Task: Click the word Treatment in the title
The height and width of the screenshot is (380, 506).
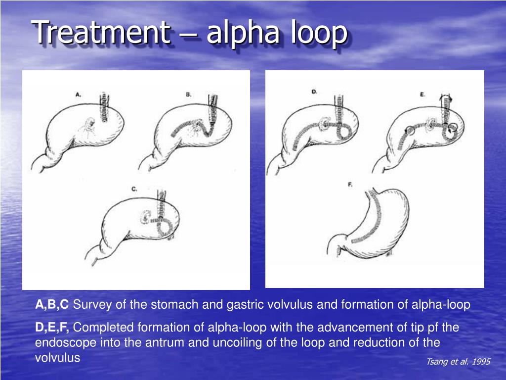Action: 101,33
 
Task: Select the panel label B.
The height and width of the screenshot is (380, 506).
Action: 189,93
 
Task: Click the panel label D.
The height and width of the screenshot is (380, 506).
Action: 314,92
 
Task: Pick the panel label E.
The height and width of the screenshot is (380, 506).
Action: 422,93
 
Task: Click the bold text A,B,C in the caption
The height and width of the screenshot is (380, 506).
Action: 52,305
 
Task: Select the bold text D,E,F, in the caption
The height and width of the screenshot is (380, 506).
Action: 53,328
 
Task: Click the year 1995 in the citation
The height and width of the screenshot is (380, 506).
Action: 481,362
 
